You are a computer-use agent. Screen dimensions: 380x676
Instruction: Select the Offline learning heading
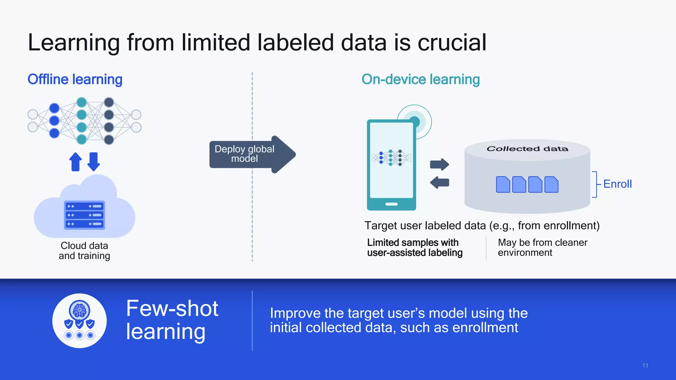(x=75, y=79)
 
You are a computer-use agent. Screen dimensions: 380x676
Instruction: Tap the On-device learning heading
(x=421, y=79)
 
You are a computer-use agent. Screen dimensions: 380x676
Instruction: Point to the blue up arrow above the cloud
(x=76, y=162)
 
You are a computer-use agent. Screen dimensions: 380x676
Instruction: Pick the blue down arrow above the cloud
(x=94, y=162)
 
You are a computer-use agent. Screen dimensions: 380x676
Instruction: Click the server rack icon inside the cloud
(x=84, y=215)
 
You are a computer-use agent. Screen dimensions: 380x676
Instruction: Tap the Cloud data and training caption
(x=84, y=251)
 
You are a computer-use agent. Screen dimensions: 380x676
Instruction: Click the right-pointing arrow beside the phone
(x=439, y=164)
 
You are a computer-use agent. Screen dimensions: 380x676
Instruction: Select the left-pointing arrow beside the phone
(x=439, y=182)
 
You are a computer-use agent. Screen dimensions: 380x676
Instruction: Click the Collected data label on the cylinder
(x=527, y=149)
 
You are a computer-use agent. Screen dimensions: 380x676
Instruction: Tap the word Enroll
(x=617, y=184)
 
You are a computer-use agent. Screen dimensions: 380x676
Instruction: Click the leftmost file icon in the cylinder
(x=503, y=184)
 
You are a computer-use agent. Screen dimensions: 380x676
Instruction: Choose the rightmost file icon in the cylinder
(x=551, y=184)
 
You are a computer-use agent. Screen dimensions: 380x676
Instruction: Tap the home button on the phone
(x=391, y=204)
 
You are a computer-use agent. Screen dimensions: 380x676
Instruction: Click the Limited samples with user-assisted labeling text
(x=415, y=248)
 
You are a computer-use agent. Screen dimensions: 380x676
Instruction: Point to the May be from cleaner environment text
(x=542, y=248)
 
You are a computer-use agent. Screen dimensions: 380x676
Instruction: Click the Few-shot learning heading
(x=172, y=320)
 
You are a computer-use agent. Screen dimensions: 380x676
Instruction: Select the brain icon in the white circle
(x=79, y=310)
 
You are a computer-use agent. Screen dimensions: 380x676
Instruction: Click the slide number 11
(x=645, y=365)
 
